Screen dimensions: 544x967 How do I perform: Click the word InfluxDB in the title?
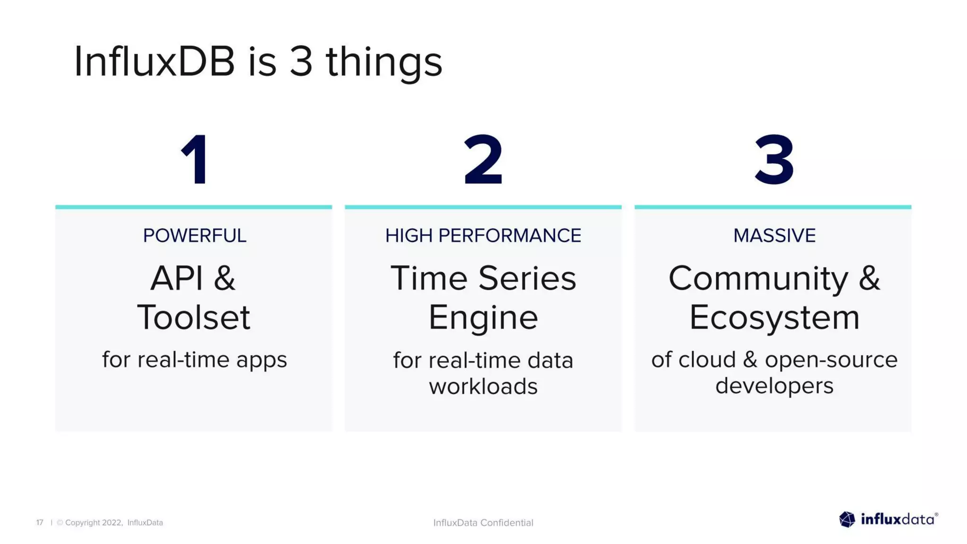click(154, 62)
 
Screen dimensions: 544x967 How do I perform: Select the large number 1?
click(195, 160)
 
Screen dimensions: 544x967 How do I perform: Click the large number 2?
click(483, 160)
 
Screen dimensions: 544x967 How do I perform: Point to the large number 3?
click(774, 160)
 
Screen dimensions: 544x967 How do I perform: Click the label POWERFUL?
click(195, 236)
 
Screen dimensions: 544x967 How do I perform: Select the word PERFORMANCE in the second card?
click(509, 236)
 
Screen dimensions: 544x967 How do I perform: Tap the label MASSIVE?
click(774, 236)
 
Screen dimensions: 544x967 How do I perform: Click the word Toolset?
click(194, 317)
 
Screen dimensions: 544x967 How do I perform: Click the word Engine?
click(483, 317)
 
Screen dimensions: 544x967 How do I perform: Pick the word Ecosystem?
click(774, 317)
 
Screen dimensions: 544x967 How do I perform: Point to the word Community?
click(758, 279)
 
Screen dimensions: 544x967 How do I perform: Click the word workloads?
click(483, 386)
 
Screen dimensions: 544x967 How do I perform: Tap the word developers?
click(774, 386)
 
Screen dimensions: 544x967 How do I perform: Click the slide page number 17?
click(40, 522)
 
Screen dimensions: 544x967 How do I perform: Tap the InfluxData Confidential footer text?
click(483, 522)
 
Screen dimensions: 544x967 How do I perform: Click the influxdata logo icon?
click(847, 519)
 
